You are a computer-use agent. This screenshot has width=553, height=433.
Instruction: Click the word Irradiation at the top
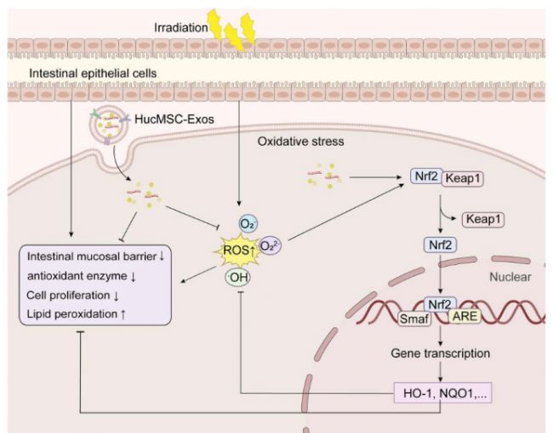click(x=180, y=27)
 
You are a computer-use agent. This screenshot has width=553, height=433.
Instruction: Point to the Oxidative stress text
click(x=300, y=141)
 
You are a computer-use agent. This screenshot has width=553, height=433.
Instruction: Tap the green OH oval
click(x=237, y=277)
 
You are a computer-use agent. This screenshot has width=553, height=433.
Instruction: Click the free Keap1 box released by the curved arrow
click(x=483, y=219)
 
